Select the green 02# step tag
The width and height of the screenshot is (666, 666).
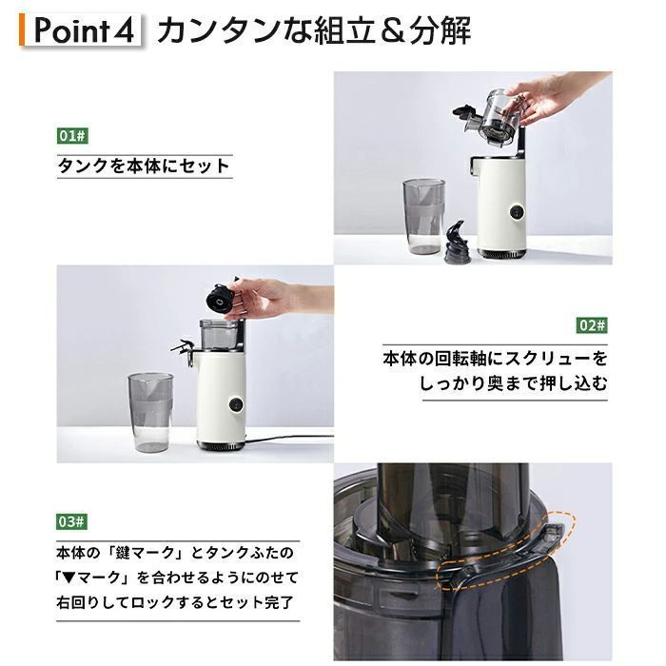coord(591,325)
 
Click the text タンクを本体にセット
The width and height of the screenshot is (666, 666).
coord(144,166)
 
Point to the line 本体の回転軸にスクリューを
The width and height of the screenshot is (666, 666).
coord(494,360)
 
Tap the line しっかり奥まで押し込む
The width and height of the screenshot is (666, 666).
coord(512,383)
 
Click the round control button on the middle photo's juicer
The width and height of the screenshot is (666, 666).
coord(231,403)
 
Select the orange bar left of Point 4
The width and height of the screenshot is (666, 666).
coord(21,30)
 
